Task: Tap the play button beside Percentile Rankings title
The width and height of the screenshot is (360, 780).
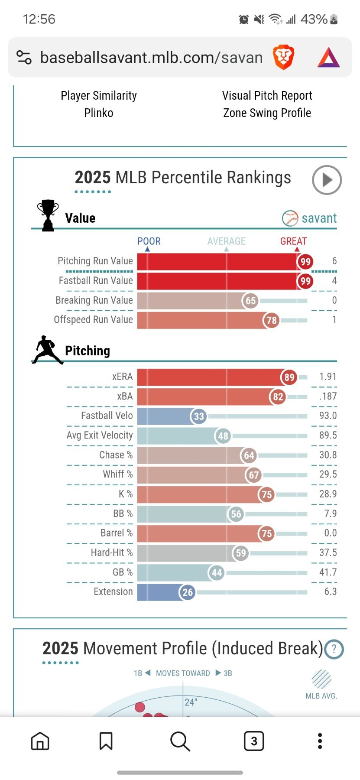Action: [327, 180]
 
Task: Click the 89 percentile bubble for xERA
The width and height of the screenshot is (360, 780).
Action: [289, 377]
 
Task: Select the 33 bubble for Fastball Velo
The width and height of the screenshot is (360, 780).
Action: [198, 416]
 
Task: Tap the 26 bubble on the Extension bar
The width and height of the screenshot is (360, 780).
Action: [187, 592]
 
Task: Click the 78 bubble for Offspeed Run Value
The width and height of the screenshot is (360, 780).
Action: [271, 320]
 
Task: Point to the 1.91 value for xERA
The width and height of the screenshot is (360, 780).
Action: [328, 377]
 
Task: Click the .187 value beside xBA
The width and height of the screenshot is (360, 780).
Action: [328, 396]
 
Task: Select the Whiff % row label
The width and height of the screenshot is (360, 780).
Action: [117, 474]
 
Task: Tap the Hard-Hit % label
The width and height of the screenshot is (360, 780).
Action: [111, 552]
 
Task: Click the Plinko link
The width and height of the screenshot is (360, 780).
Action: [99, 113]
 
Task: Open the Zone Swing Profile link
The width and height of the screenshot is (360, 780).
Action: [267, 113]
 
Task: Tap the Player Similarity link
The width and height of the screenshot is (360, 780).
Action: [99, 96]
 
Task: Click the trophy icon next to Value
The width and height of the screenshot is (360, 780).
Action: [48, 215]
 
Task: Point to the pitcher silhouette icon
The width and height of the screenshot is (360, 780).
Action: [47, 349]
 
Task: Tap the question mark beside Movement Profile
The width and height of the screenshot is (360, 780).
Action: [334, 650]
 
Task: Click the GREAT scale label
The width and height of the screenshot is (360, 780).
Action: [293, 241]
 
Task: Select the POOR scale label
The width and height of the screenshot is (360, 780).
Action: [149, 241]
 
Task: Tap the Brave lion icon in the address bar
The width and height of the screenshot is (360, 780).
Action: [283, 58]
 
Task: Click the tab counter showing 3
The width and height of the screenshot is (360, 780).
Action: [254, 741]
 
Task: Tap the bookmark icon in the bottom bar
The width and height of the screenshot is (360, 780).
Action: [106, 741]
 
